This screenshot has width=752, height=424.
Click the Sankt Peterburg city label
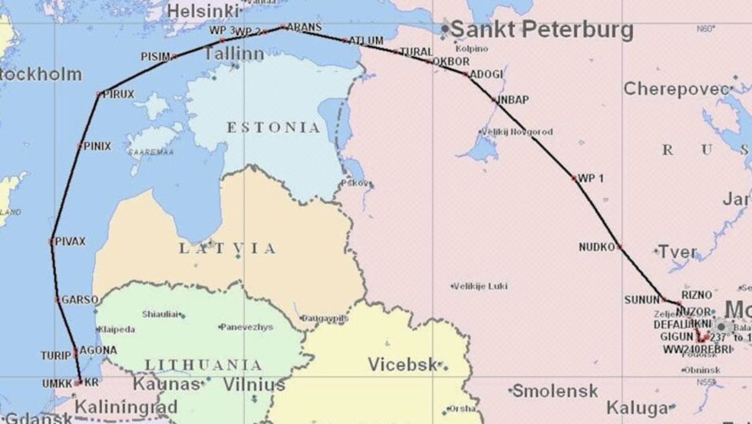(x=541, y=30)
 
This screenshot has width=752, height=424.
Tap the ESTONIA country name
(x=273, y=128)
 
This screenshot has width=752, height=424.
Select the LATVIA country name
(x=227, y=248)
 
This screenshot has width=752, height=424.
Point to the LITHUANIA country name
(x=203, y=365)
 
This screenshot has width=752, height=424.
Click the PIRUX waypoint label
(x=118, y=94)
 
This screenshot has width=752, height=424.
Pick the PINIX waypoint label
(x=97, y=145)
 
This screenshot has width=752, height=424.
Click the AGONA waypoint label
(x=98, y=350)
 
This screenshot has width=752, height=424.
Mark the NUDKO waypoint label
(x=597, y=247)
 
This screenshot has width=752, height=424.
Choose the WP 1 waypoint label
(x=591, y=178)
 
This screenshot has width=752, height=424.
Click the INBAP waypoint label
(x=513, y=100)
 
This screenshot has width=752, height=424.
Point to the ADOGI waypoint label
(x=486, y=75)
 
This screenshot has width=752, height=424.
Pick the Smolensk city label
(x=555, y=391)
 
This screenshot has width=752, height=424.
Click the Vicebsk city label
(x=404, y=363)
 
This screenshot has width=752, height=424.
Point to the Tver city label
(x=677, y=252)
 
